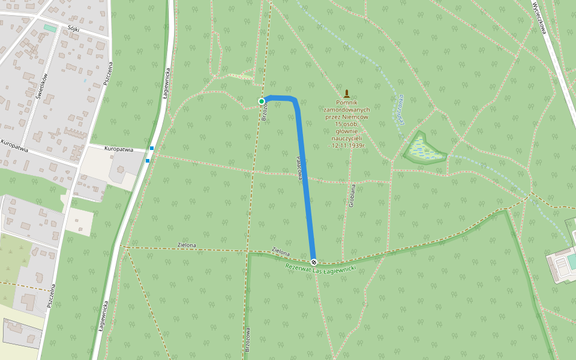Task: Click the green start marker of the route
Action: coord(262,101)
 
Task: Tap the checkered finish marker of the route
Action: coord(313,262)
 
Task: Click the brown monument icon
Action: coord(347,94)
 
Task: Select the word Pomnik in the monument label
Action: coord(347,103)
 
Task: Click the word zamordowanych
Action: coord(347,110)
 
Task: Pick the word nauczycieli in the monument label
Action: coord(347,139)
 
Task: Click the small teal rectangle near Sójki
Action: coord(50,28)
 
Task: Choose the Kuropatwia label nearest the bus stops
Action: coord(119,149)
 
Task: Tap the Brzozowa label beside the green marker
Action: coord(265,112)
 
